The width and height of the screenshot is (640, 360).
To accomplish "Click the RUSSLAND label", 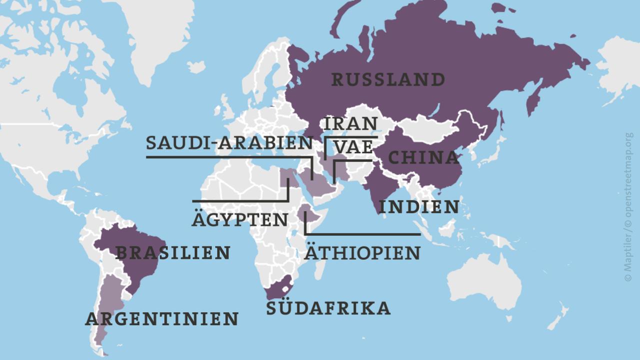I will [x=388, y=79].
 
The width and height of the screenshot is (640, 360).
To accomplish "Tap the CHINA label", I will [x=423, y=158].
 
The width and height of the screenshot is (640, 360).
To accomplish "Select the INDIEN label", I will [x=418, y=206].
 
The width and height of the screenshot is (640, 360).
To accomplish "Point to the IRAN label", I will [x=350, y=123].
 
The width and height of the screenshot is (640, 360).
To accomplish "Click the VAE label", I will [x=353, y=147].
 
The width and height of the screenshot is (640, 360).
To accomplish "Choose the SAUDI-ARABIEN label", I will [x=229, y=143].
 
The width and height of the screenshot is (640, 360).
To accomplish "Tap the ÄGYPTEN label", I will [x=239, y=219].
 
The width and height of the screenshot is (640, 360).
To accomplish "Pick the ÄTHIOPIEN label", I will [x=362, y=253].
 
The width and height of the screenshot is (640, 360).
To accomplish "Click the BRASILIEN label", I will [x=172, y=253].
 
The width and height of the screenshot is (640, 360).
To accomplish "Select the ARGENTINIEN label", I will [x=161, y=318].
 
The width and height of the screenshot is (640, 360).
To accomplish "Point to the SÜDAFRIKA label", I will [x=328, y=308].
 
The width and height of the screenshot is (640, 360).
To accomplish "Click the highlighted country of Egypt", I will [x=286, y=176].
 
